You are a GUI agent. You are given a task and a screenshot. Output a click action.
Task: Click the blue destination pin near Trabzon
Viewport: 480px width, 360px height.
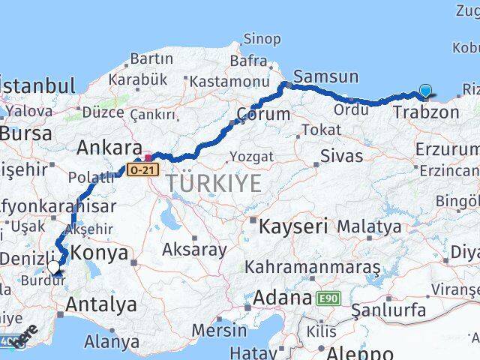point(426,91)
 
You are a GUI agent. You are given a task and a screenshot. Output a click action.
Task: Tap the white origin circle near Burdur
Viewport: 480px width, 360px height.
point(54,265)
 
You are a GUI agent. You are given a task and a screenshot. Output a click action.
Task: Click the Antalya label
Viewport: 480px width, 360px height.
point(101,304)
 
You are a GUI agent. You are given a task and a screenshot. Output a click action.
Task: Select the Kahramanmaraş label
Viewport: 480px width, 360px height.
point(313,268)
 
